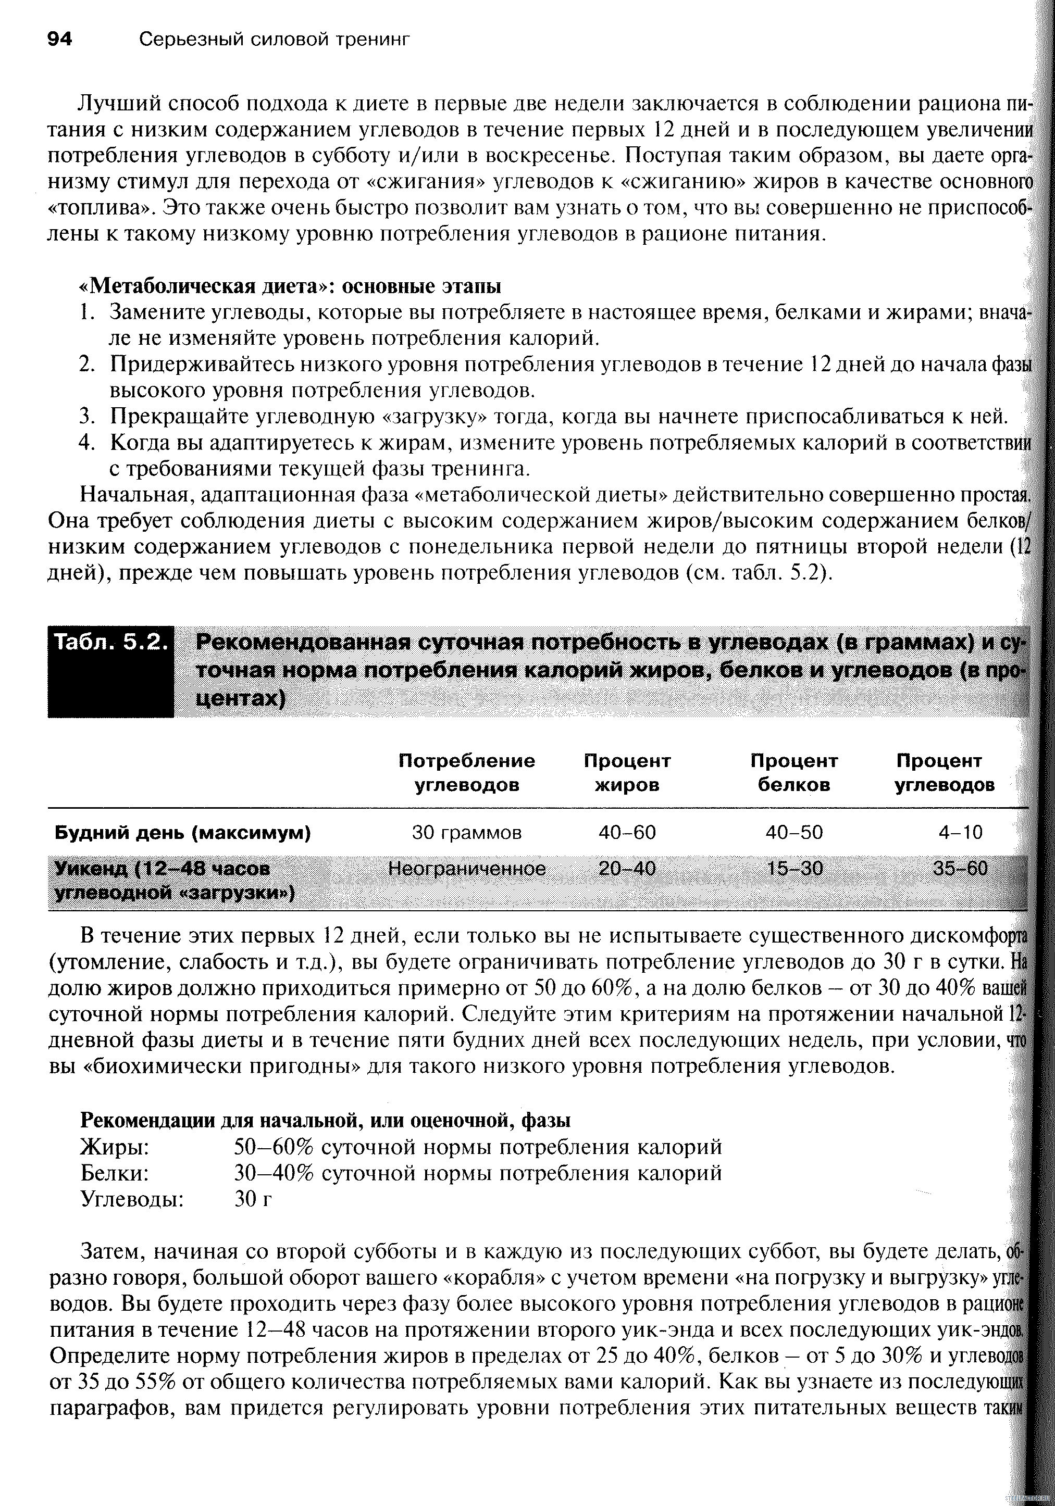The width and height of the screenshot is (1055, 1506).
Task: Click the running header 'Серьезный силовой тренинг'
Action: click(x=275, y=40)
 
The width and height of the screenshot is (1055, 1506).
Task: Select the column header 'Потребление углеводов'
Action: click(x=466, y=773)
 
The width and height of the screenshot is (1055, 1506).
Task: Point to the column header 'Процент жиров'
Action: click(x=627, y=773)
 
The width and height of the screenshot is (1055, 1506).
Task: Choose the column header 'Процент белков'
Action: click(x=794, y=773)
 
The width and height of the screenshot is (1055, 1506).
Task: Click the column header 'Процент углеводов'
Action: click(x=945, y=773)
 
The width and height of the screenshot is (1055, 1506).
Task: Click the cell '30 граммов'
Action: click(x=466, y=832)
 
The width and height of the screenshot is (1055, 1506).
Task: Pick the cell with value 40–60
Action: click(x=627, y=832)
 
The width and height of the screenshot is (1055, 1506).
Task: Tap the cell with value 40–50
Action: click(x=794, y=832)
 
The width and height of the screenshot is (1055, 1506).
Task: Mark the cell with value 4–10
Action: click(x=960, y=832)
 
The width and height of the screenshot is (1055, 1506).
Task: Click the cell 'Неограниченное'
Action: click(x=466, y=869)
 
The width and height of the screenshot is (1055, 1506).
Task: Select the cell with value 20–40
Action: click(x=627, y=869)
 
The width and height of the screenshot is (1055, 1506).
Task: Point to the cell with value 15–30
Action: click(x=794, y=869)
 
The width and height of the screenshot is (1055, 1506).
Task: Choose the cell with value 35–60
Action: click(x=960, y=869)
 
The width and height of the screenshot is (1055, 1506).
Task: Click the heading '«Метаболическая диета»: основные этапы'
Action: click(x=290, y=286)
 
